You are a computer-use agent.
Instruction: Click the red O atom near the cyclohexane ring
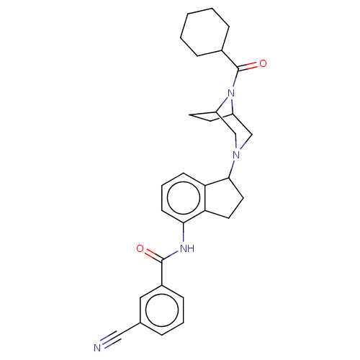point(263,63)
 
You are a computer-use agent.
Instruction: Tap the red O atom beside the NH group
point(140,248)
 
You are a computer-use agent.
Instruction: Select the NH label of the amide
point(187,248)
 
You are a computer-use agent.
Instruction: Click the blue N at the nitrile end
point(97,348)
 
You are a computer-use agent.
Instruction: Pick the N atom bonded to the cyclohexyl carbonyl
point(231,93)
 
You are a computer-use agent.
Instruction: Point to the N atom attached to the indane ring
point(236,155)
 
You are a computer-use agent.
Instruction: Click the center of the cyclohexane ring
point(204,32)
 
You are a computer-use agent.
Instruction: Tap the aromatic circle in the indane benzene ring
point(184,198)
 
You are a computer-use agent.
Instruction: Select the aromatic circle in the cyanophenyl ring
point(162,310)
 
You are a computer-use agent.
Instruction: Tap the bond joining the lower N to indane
point(233,168)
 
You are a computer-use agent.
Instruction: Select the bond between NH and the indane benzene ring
point(184,233)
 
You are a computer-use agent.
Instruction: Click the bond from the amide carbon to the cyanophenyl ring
point(162,273)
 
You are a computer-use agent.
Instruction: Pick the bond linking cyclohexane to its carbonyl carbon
point(230,59)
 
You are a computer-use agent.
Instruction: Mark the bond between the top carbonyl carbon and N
point(235,78)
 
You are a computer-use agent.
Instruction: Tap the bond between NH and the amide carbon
point(171,256)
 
